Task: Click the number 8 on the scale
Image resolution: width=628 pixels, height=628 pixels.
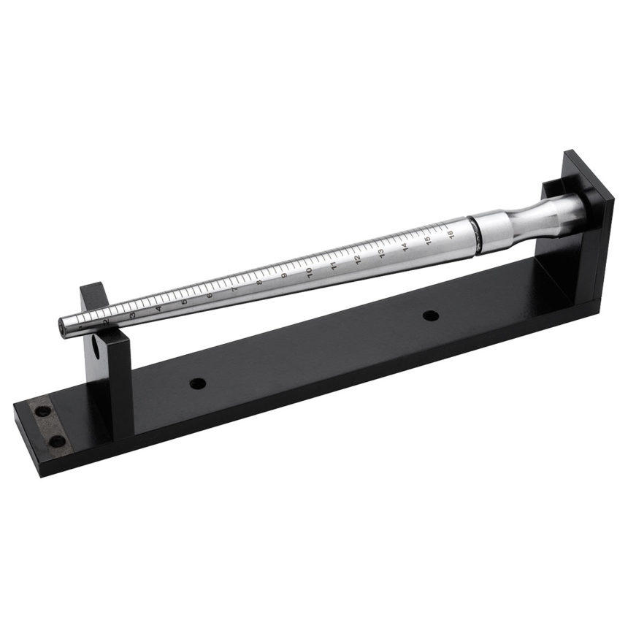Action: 259,283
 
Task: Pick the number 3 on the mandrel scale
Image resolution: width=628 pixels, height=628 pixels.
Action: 132,315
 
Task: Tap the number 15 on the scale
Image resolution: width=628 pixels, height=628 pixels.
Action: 429,241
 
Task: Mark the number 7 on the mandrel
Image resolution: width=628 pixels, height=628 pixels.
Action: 234,289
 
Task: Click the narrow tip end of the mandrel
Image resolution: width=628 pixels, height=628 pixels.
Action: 64,327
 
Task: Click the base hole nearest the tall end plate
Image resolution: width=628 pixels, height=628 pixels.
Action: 431,315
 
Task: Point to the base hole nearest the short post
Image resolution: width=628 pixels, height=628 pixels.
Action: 196,383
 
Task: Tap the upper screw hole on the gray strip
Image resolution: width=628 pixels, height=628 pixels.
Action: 42,411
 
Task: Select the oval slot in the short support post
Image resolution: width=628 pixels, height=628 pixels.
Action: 96,348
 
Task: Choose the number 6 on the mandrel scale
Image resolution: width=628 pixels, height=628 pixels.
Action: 210,295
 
